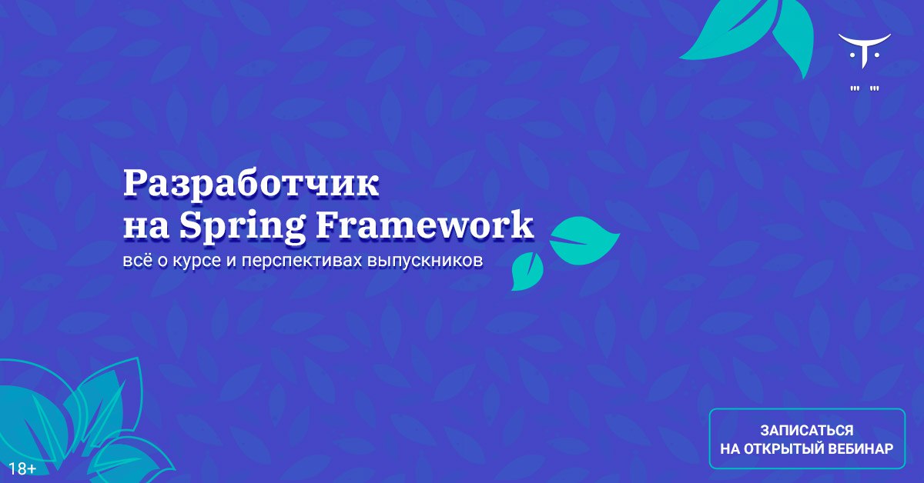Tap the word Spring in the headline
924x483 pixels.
point(242,227)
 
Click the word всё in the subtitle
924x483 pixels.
point(137,261)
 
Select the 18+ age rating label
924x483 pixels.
point(22,468)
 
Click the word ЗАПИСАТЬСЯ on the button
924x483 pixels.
point(807,430)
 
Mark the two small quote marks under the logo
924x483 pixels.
point(865,88)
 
